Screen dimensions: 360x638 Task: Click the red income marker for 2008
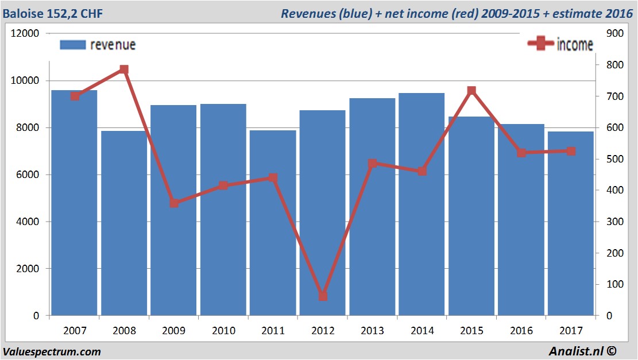(124, 69)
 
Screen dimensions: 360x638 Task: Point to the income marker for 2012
(323, 296)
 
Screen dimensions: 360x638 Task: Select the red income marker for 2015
(471, 91)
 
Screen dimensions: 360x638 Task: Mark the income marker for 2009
(174, 203)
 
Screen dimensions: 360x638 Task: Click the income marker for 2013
(372, 164)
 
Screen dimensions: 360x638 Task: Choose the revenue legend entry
(98, 45)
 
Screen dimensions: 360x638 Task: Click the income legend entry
(560, 45)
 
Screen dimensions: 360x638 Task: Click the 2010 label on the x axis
(223, 331)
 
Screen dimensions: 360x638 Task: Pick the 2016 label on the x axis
(521, 331)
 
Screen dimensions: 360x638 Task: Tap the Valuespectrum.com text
(52, 352)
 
